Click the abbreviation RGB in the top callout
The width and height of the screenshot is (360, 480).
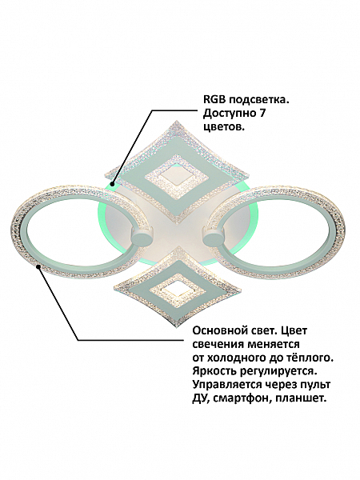(214, 100)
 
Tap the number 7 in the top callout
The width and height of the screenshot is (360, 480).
(262, 114)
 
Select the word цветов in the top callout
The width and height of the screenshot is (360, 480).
(224, 127)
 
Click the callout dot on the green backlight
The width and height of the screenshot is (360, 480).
(113, 184)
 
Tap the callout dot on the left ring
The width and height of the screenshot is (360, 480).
(38, 266)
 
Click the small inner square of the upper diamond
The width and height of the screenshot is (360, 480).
(177, 178)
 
